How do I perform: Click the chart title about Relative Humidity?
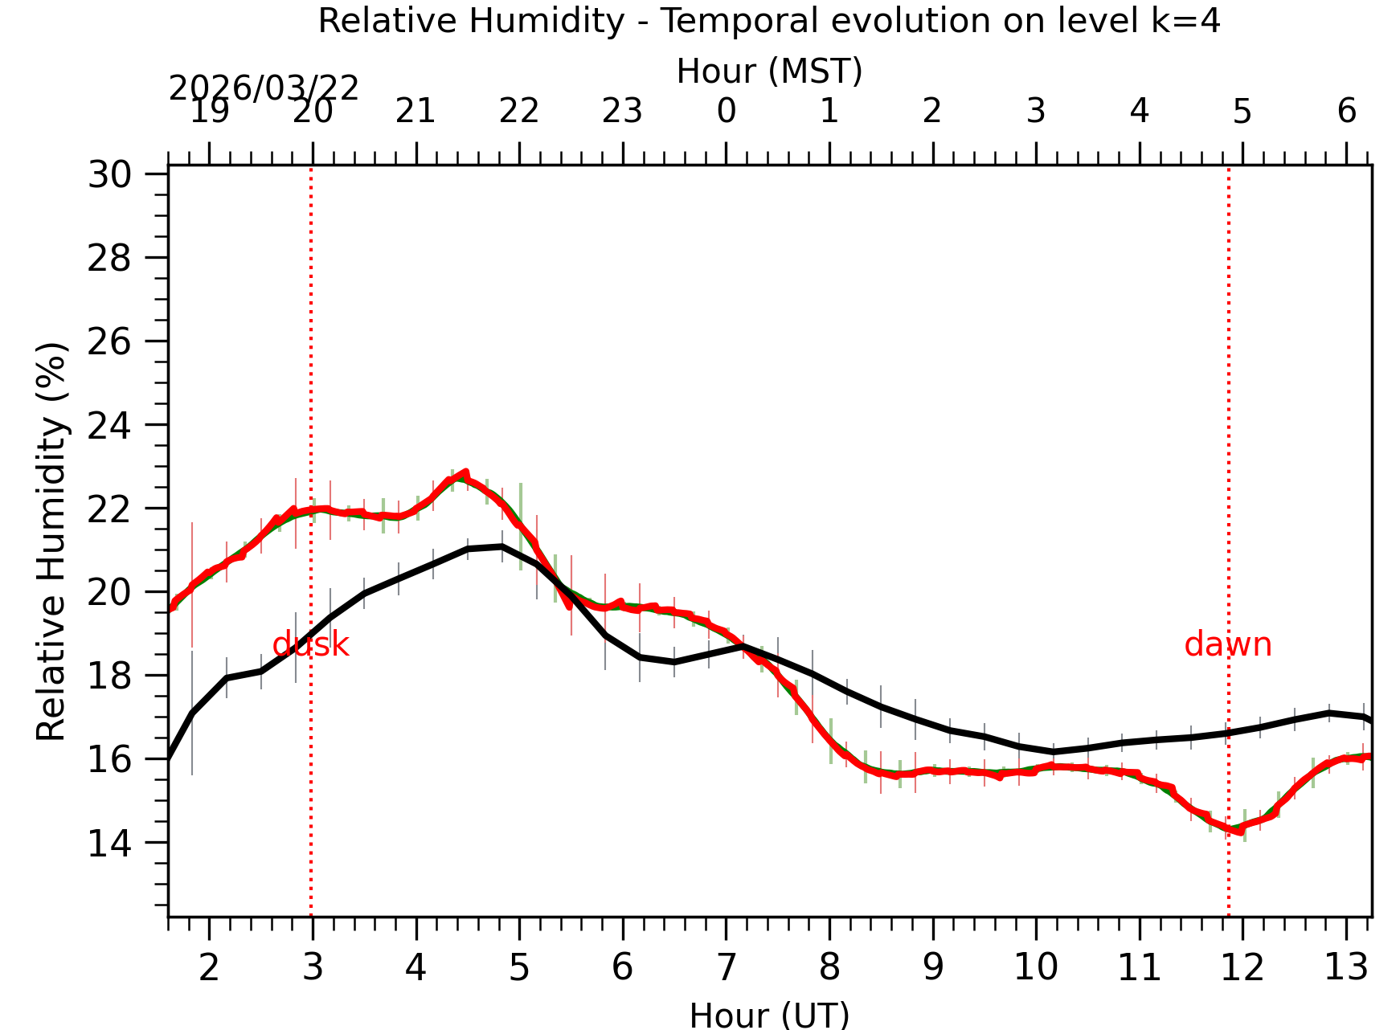pos(769,21)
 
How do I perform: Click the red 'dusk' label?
pos(310,645)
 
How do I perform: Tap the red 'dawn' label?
pos(1227,645)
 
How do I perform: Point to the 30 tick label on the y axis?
pos(110,174)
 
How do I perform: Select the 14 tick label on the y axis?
pos(110,844)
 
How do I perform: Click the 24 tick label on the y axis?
pos(110,425)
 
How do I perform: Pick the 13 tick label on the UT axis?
pos(1345,967)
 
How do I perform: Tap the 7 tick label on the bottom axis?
pos(727,967)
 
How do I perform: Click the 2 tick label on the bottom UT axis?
pos(209,967)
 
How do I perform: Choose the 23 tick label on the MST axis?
pos(622,111)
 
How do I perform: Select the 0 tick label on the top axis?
pos(727,111)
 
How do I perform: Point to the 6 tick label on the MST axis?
pos(1347,111)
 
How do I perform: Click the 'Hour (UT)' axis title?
pos(769,1015)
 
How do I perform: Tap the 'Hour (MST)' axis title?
pos(769,72)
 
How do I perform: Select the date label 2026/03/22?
pos(264,88)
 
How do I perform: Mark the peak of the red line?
pos(465,473)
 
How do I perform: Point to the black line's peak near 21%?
pos(501,546)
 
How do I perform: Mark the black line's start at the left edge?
pos(170,758)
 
